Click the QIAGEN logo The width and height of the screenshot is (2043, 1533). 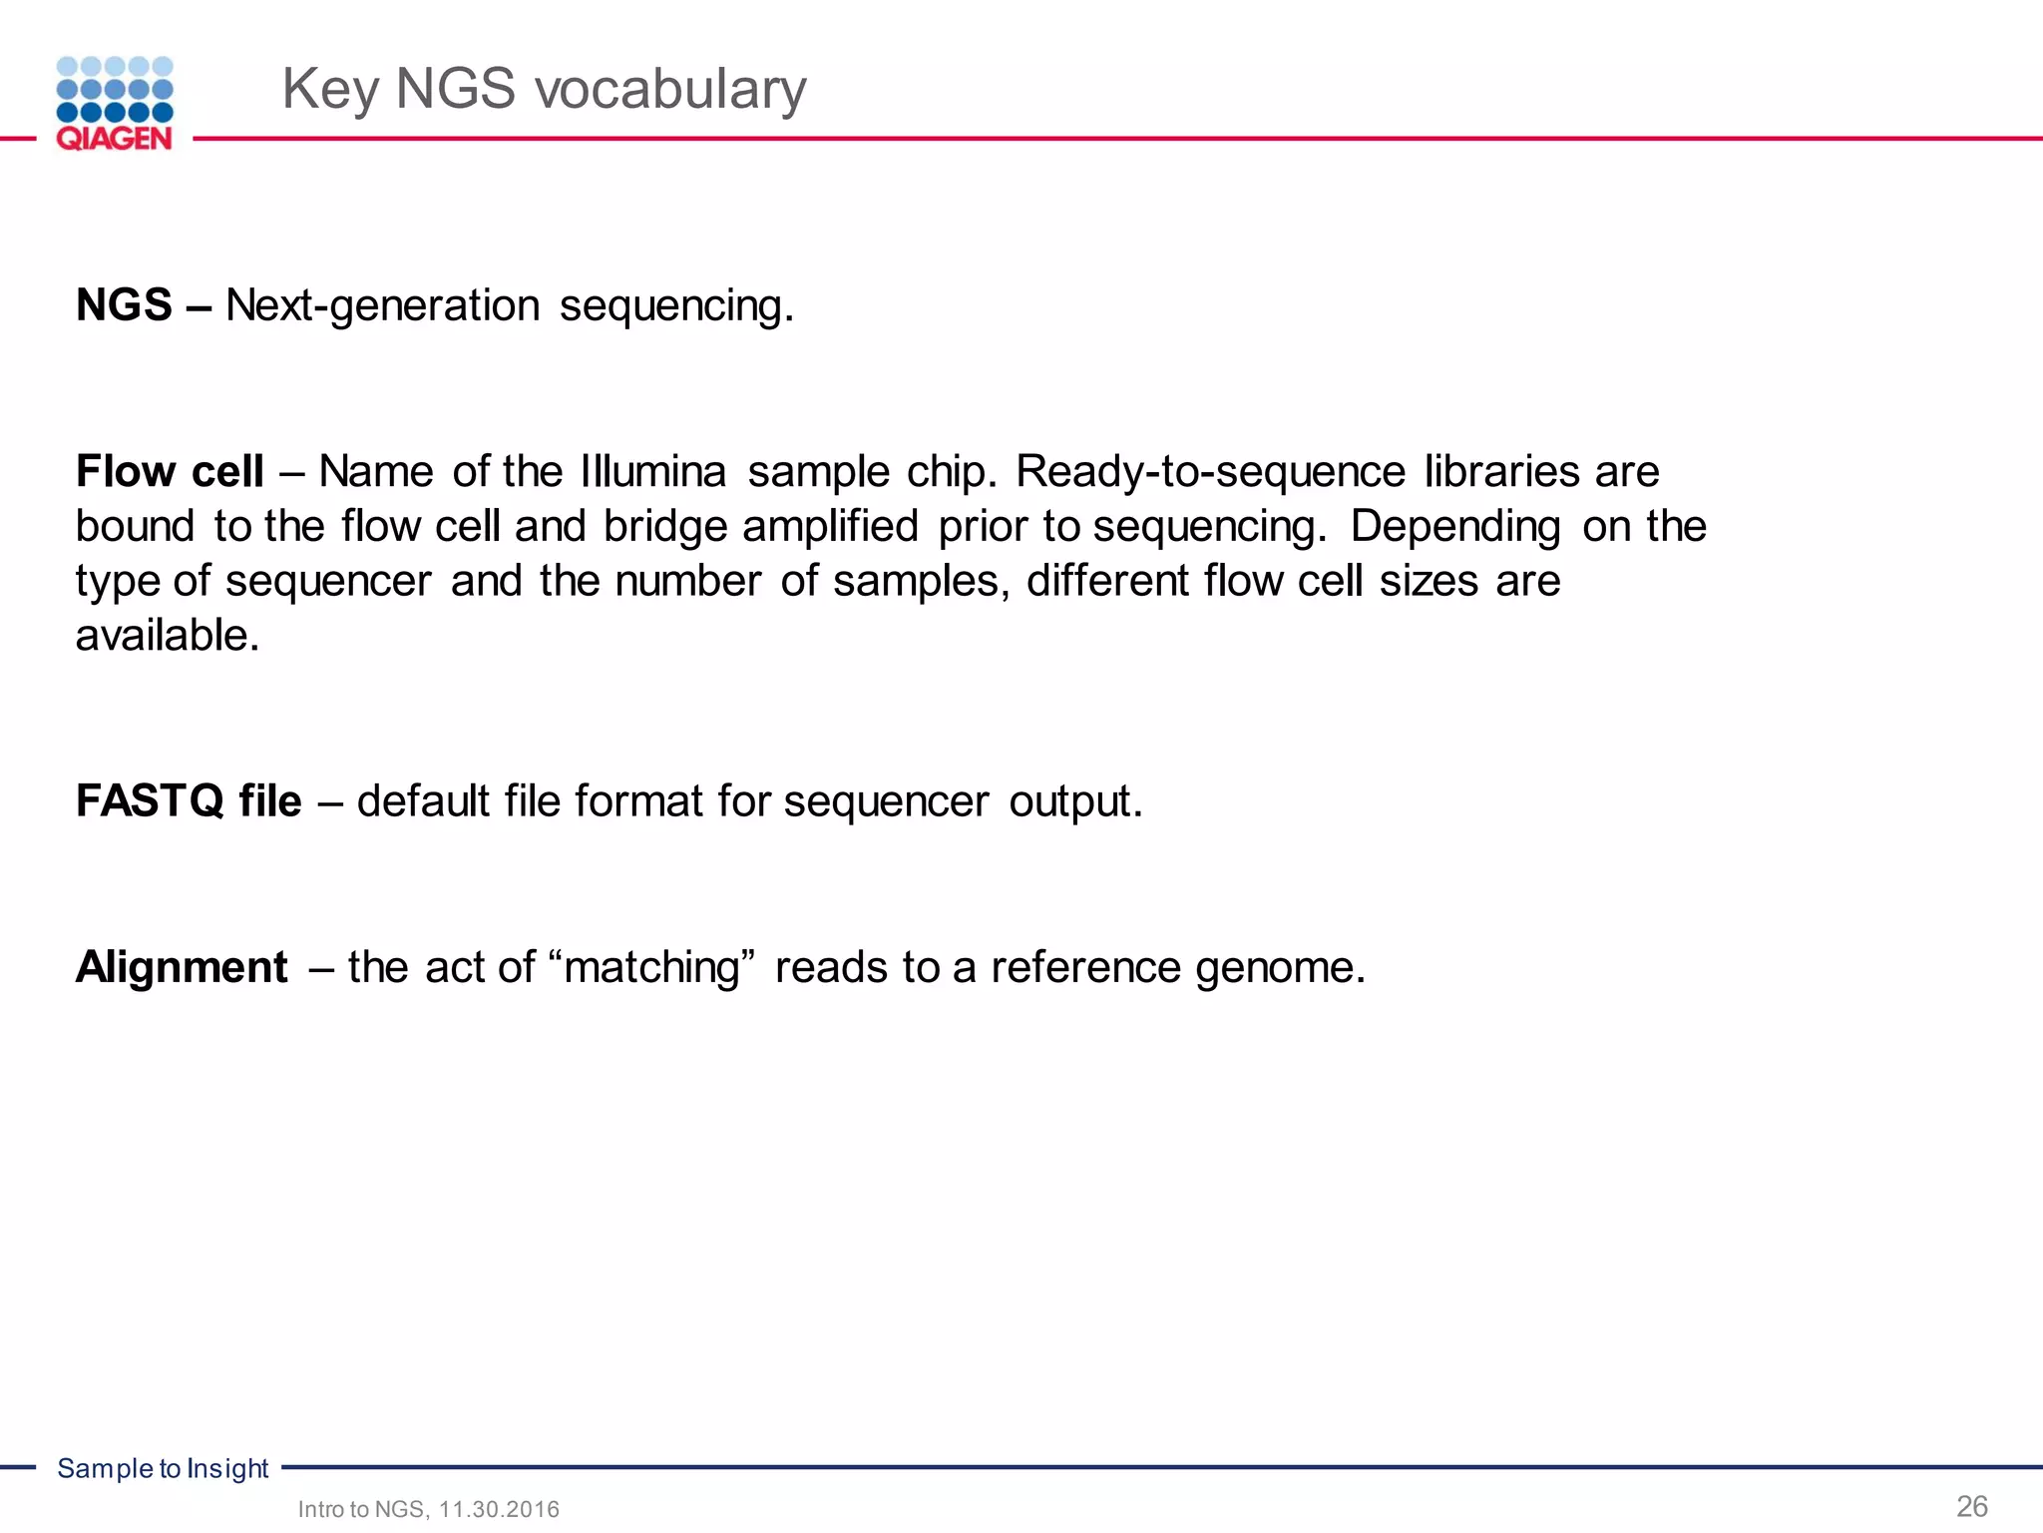[x=115, y=104]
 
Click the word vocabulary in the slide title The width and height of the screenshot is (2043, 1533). [x=670, y=89]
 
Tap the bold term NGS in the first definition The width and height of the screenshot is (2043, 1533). [x=124, y=305]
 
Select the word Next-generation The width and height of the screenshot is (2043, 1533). [x=382, y=305]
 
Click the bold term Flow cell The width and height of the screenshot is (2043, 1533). [x=170, y=471]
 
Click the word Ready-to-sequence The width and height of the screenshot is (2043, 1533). [x=1210, y=471]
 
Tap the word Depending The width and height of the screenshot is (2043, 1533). [x=1454, y=526]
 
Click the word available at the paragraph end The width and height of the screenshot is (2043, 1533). [x=166, y=636]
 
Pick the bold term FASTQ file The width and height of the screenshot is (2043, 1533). [x=189, y=800]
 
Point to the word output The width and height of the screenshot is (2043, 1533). [x=1074, y=800]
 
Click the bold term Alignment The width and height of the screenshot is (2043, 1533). [x=182, y=967]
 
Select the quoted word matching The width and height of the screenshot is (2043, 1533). [x=652, y=967]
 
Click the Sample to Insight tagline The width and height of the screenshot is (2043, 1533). [x=163, y=1468]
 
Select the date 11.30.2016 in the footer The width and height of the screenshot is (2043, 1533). [x=499, y=1509]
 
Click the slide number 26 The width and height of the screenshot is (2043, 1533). [x=1971, y=1506]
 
